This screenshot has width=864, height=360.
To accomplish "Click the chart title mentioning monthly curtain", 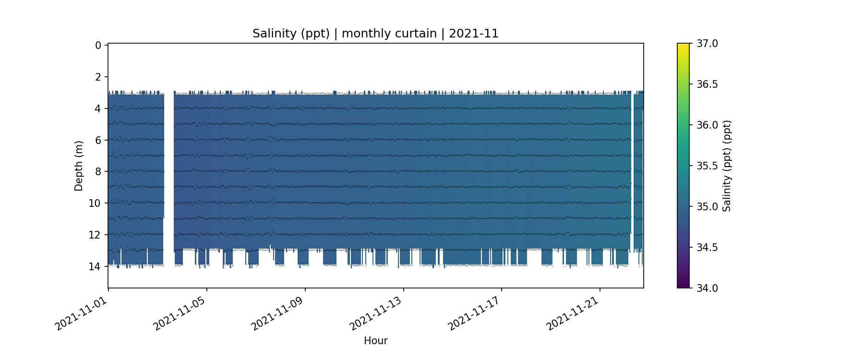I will click(375, 34).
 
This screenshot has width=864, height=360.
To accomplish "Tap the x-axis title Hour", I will click(375, 341).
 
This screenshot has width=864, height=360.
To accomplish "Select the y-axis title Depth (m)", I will click(79, 166).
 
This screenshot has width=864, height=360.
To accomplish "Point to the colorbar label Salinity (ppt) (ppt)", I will click(727, 166).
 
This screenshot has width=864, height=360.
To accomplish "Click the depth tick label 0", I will click(98, 46).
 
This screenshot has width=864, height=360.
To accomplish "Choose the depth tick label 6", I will click(98, 140).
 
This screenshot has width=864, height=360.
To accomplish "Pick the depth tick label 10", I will click(95, 204).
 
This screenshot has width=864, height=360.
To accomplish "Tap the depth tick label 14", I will click(95, 266).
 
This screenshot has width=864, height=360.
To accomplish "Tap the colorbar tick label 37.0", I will click(707, 44).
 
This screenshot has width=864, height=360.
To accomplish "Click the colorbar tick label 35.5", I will click(707, 166).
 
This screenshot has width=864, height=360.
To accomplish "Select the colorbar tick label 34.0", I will click(707, 288).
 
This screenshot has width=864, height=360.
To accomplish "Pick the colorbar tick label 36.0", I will click(707, 125).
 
